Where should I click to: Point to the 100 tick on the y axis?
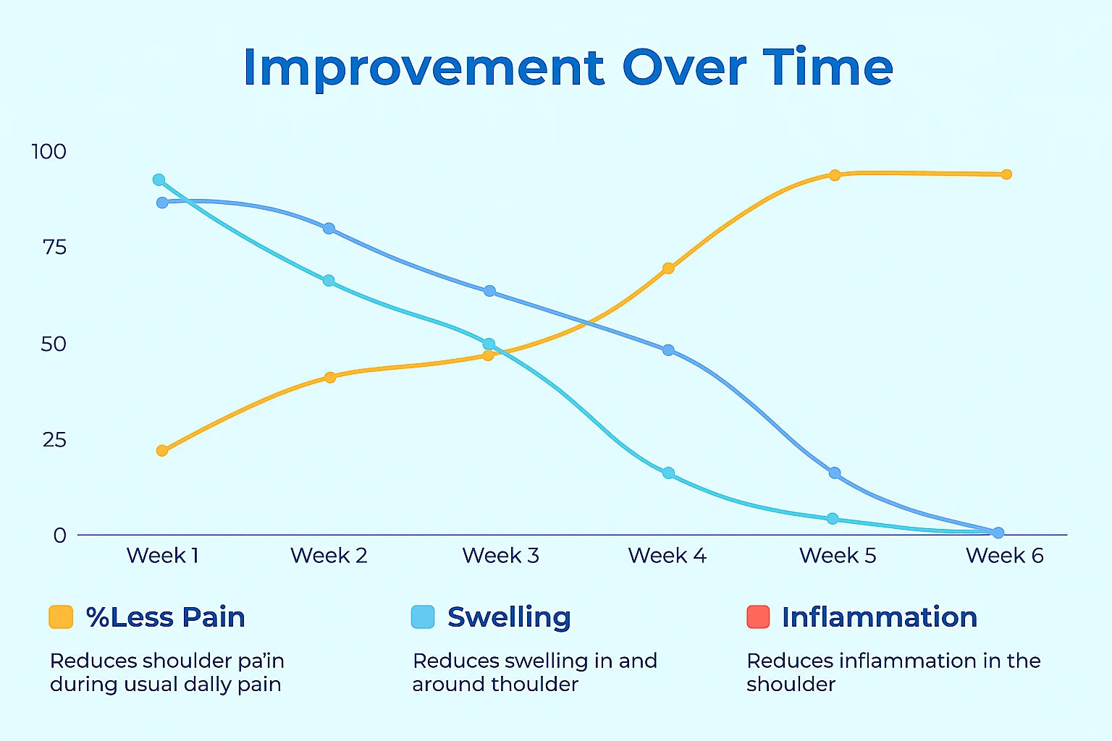pyautogui.click(x=49, y=152)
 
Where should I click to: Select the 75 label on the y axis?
pyautogui.click(x=54, y=247)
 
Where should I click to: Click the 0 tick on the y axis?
pyautogui.click(x=60, y=535)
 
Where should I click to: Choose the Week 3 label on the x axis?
pyautogui.click(x=500, y=555)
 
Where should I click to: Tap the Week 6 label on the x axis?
pyautogui.click(x=1004, y=555)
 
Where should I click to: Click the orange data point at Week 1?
pyautogui.click(x=162, y=451)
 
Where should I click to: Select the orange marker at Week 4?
pyautogui.click(x=669, y=268)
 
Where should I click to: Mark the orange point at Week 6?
pyautogui.click(x=1006, y=174)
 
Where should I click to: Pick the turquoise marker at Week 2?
pyautogui.click(x=329, y=281)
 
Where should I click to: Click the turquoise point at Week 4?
pyautogui.click(x=669, y=473)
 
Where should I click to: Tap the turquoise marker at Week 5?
pyautogui.click(x=833, y=519)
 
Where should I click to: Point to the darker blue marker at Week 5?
pyautogui.click(x=835, y=473)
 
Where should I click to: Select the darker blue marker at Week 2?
pyautogui.click(x=329, y=229)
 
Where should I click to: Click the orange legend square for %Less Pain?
pyautogui.click(x=61, y=617)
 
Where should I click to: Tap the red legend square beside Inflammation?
pyautogui.click(x=758, y=617)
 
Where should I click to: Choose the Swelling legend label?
pyautogui.click(x=510, y=617)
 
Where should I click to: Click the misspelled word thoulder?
pyautogui.click(x=535, y=685)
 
